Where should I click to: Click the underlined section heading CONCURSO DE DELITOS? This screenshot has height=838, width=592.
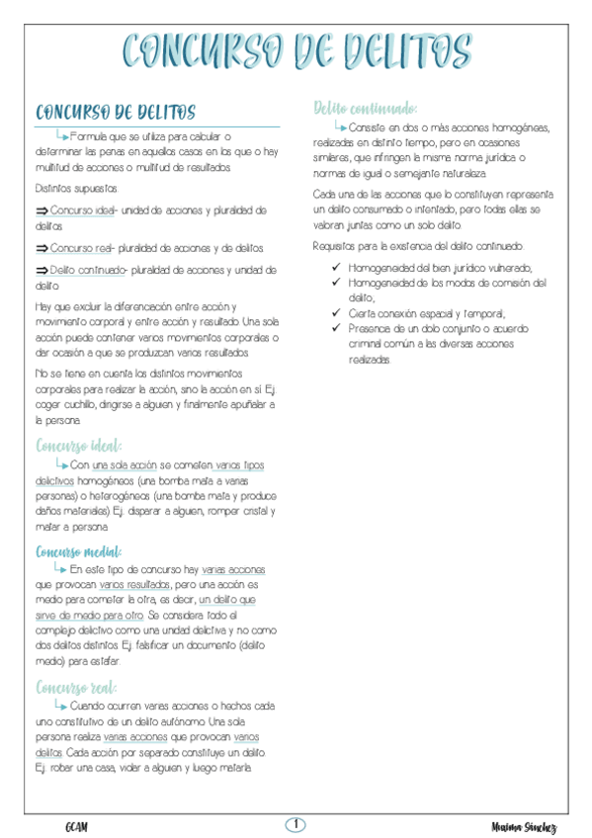click(115, 113)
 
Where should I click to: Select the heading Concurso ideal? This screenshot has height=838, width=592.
click(79, 446)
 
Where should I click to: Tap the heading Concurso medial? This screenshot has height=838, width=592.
click(78, 551)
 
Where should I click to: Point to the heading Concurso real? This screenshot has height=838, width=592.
click(76, 687)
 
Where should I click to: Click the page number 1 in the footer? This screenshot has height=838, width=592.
click(296, 824)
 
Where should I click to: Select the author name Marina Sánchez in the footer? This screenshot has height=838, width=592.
click(523, 826)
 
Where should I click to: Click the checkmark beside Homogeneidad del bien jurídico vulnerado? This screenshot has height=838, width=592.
click(338, 268)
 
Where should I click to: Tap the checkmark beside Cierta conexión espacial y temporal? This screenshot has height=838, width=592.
click(338, 311)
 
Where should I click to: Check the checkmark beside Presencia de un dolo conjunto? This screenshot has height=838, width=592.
click(338, 326)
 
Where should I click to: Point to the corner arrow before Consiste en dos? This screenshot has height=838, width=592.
click(340, 126)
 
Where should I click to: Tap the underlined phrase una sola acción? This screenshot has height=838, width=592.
click(118, 464)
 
